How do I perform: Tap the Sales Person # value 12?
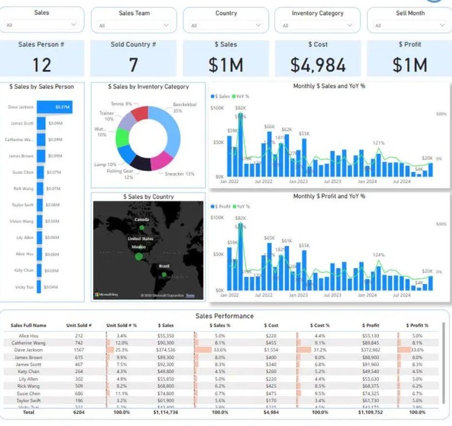point(41,65)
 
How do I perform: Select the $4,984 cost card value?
point(318,65)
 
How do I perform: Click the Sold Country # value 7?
point(133,65)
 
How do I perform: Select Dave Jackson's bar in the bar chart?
point(54,107)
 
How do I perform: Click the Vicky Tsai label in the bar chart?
point(20,287)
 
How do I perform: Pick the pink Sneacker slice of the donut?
point(162,160)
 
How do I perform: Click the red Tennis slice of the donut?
point(140,114)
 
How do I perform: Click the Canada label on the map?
point(142,219)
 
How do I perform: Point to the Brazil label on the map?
point(164,266)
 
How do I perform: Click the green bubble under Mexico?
point(139,256)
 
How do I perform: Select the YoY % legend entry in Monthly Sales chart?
point(243,96)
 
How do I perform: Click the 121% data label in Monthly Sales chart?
point(379,143)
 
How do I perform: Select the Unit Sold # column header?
point(79,325)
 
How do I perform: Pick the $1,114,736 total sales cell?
point(166,412)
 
